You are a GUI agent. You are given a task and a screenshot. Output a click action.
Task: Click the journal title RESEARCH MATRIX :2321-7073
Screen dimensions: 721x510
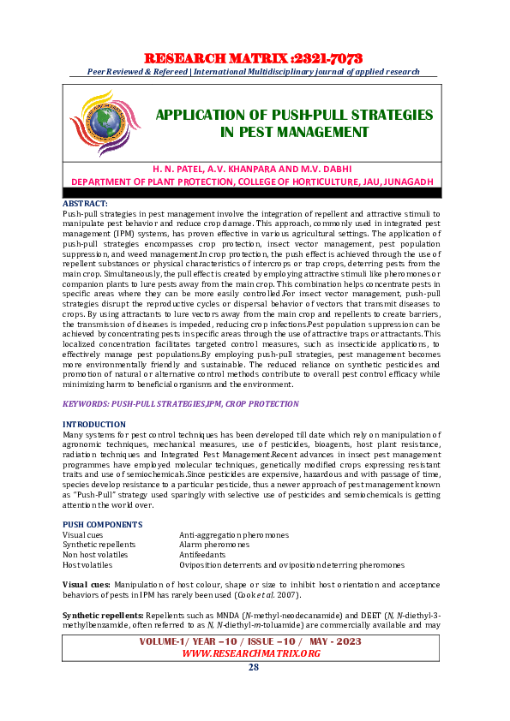pyautogui.click(x=254, y=58)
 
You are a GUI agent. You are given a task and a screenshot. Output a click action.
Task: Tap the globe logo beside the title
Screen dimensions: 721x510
pyautogui.click(x=104, y=123)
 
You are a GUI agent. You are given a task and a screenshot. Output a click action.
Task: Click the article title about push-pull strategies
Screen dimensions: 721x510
pyautogui.click(x=294, y=123)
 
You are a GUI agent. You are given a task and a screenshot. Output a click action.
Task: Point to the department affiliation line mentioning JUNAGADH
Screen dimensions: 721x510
pyautogui.click(x=251, y=181)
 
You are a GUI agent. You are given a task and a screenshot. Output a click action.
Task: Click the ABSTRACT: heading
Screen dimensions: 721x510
pyautogui.click(x=85, y=203)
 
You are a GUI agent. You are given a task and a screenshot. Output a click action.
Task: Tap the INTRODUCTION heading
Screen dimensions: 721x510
pyautogui.click(x=94, y=425)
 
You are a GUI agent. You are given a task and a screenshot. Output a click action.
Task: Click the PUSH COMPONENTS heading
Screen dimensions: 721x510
pyautogui.click(x=103, y=525)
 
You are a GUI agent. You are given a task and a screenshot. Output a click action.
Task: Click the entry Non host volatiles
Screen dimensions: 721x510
pyautogui.click(x=95, y=555)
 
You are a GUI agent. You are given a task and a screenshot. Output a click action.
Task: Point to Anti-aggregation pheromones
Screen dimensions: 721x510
pyautogui.click(x=234, y=535)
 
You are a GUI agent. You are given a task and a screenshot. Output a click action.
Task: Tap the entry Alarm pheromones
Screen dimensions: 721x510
pyautogui.click(x=214, y=545)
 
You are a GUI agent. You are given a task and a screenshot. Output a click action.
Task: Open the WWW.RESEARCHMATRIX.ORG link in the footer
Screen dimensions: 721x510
pyautogui.click(x=251, y=653)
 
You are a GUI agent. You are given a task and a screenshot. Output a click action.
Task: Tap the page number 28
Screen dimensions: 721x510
pyautogui.click(x=254, y=668)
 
